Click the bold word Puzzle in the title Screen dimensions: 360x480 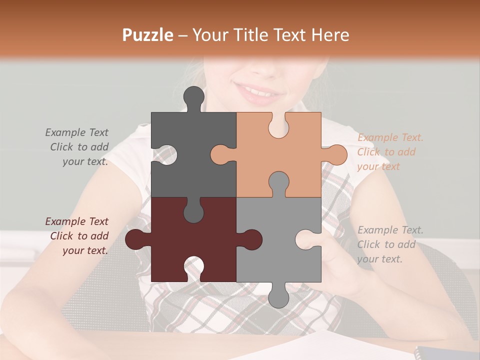coord(148,35)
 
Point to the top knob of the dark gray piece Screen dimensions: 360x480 coord(194,97)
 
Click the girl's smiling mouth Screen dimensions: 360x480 coord(260,92)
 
